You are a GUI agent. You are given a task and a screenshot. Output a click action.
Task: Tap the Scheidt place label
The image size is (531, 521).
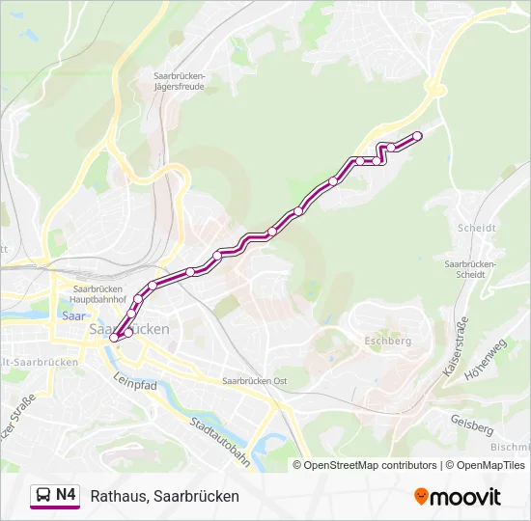pos(479,229)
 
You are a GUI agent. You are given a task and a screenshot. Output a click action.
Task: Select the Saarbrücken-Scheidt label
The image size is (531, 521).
pos(470,268)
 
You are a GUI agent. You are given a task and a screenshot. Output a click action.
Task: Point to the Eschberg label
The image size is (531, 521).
pos(387,341)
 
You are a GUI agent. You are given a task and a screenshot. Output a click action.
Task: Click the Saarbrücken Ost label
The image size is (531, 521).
pos(255,381)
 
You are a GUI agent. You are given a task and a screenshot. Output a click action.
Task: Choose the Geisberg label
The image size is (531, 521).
pos(472,424)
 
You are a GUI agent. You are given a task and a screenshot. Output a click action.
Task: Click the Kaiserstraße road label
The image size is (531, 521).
pos(454,344)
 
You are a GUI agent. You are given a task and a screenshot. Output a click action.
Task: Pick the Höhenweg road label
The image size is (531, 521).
pos(484,360)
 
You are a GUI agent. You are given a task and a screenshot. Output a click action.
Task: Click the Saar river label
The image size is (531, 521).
pos(70,315)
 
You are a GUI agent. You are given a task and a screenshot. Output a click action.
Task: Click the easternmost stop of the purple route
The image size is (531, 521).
pos(418,136)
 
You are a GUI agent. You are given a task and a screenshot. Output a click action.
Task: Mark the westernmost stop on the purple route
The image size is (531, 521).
pos(114,338)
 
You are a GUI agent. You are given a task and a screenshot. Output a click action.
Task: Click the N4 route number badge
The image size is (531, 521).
pos(67,495)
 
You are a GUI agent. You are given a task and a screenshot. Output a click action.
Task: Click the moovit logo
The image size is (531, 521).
pos(458,496)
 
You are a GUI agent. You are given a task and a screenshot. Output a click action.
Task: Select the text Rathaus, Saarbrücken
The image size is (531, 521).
pos(164,496)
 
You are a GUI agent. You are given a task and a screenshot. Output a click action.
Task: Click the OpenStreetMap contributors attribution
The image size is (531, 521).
pos(371,465)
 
